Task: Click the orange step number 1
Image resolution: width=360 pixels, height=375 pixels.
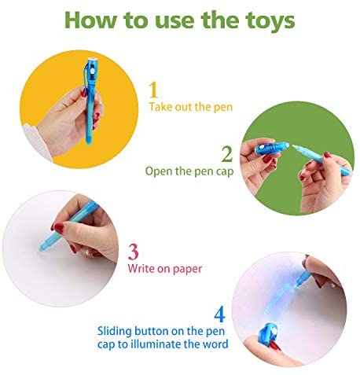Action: click(x=153, y=90)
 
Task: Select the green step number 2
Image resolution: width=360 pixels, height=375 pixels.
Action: click(x=227, y=154)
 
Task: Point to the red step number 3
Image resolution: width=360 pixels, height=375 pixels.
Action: click(x=134, y=252)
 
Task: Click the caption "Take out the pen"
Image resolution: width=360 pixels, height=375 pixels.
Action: click(x=191, y=107)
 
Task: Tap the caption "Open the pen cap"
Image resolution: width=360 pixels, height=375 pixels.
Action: click(x=189, y=171)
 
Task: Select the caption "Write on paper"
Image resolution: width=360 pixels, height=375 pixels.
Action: click(x=165, y=269)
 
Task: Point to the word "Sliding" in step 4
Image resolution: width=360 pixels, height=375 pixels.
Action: click(x=114, y=332)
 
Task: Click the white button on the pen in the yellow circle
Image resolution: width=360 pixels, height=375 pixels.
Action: click(x=92, y=72)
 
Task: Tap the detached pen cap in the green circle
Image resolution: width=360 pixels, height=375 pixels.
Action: click(x=272, y=148)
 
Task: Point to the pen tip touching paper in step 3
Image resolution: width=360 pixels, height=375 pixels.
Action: click(x=41, y=248)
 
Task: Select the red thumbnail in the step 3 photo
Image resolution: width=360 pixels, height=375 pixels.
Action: click(x=58, y=228)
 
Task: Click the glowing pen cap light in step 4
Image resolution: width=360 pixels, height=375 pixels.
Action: click(x=274, y=332)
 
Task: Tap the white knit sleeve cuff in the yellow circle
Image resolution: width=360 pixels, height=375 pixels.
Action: click(x=37, y=143)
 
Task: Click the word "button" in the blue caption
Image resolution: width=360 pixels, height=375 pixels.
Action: click(x=151, y=331)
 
